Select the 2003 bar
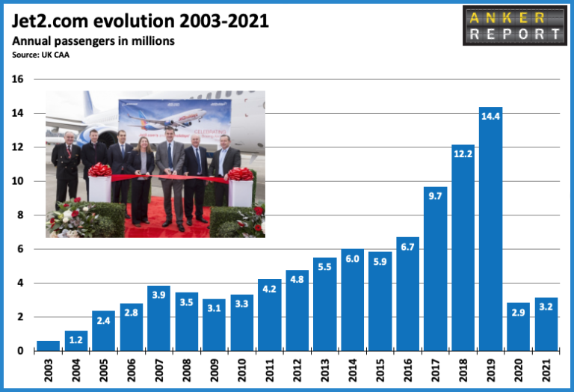[48, 346]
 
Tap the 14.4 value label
[490, 117]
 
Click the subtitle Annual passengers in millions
[93, 41]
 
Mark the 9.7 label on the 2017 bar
[435, 197]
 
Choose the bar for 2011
[269, 314]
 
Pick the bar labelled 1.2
[75, 340]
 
